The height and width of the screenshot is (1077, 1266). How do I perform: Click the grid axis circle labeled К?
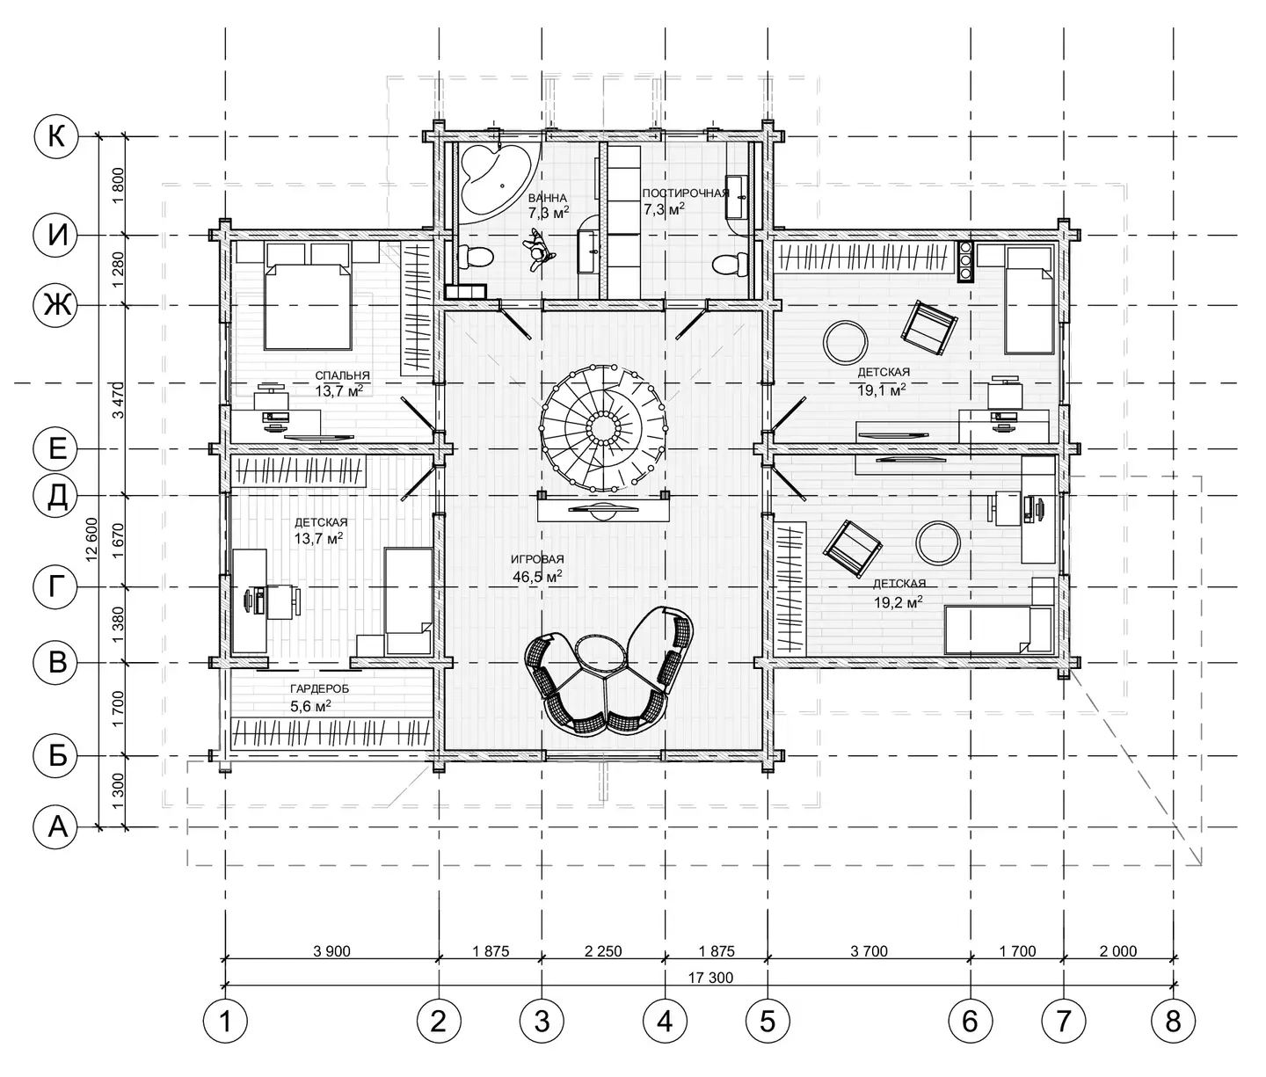[x=55, y=136]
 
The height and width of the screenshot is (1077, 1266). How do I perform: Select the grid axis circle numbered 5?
[x=768, y=1022]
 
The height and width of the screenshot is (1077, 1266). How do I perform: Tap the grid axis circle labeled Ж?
[x=55, y=305]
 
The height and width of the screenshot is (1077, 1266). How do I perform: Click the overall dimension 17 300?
[x=710, y=978]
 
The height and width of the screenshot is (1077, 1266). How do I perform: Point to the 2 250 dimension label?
[x=603, y=951]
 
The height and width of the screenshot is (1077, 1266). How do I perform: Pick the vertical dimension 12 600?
[x=91, y=540]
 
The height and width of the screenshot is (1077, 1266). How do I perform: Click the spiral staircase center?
[x=603, y=426]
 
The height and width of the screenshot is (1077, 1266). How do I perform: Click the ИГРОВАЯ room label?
[x=537, y=559]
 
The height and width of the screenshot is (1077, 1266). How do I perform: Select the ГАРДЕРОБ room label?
[x=320, y=688]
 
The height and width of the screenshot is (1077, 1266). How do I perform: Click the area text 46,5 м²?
[x=537, y=576]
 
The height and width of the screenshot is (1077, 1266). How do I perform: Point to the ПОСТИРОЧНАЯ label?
[x=686, y=193]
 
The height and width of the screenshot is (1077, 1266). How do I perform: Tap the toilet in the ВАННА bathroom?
[x=475, y=256]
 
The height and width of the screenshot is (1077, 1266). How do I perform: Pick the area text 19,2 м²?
[x=898, y=602]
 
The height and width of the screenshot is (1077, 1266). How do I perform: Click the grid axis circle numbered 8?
[x=1174, y=1022]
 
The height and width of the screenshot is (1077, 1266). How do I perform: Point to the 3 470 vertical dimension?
[x=119, y=400]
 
